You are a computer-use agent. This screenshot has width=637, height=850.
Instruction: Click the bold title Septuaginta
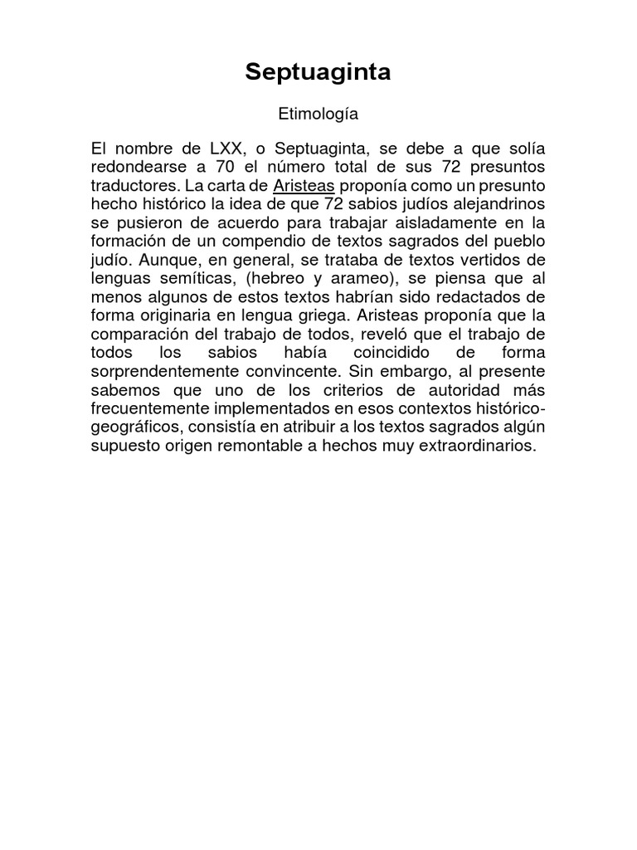tap(318, 73)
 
